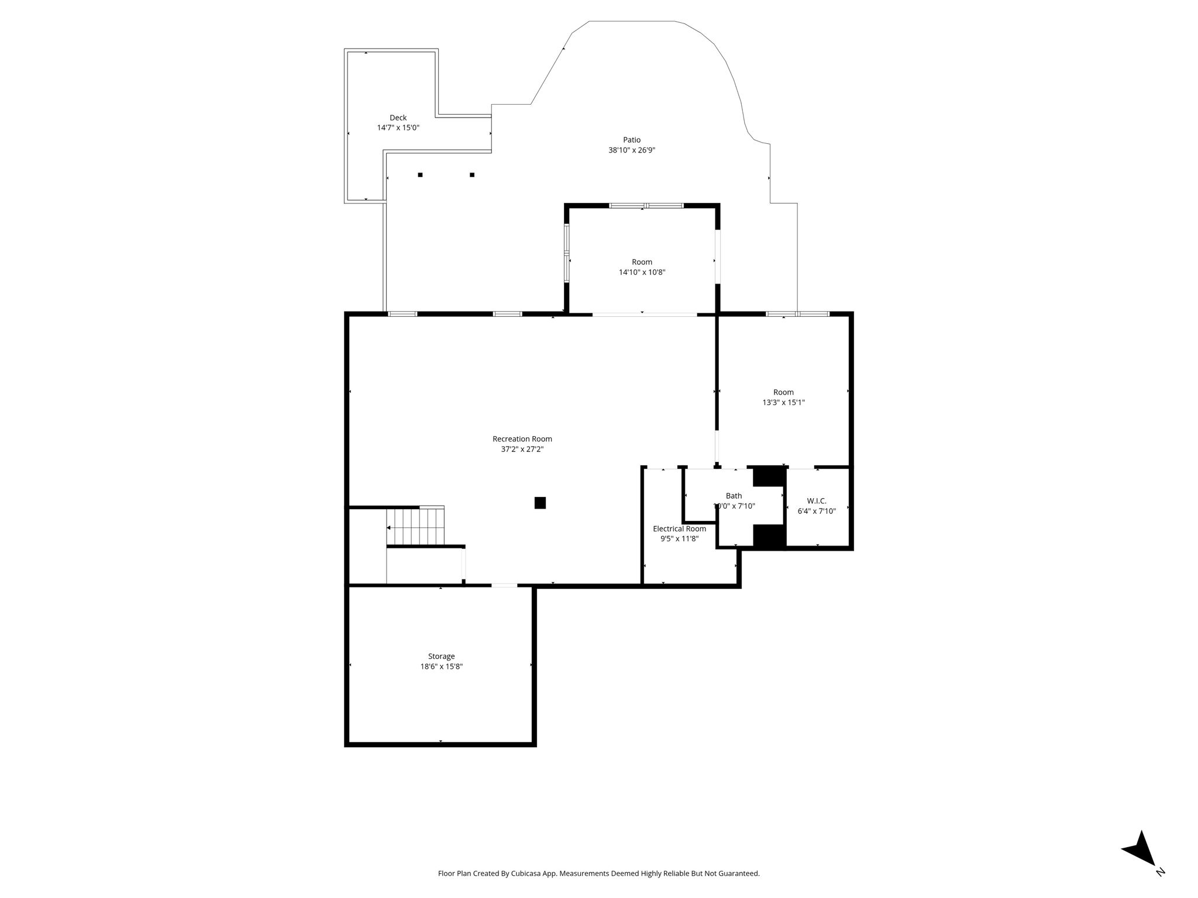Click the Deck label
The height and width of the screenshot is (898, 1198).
point(398,118)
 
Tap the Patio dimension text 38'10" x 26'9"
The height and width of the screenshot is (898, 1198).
point(632,150)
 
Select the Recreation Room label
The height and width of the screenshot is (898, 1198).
point(522,439)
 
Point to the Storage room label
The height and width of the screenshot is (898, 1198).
point(441,657)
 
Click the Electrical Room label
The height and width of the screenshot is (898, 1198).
point(680,529)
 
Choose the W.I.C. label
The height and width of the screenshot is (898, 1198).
point(817,501)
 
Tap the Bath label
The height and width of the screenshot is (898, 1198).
point(734,496)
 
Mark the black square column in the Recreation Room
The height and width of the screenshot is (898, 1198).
point(540,503)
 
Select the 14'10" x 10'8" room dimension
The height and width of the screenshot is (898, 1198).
point(642,272)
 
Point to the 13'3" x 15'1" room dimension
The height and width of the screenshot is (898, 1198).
point(784,402)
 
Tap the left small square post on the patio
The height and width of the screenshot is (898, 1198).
point(420,175)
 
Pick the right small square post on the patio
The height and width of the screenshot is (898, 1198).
point(472,175)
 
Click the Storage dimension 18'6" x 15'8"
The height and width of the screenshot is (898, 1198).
point(442,666)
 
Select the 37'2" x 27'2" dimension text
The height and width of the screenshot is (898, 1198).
point(522,450)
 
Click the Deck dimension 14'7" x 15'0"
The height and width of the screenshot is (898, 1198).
point(398,127)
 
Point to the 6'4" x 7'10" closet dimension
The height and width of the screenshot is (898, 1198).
point(817,511)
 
